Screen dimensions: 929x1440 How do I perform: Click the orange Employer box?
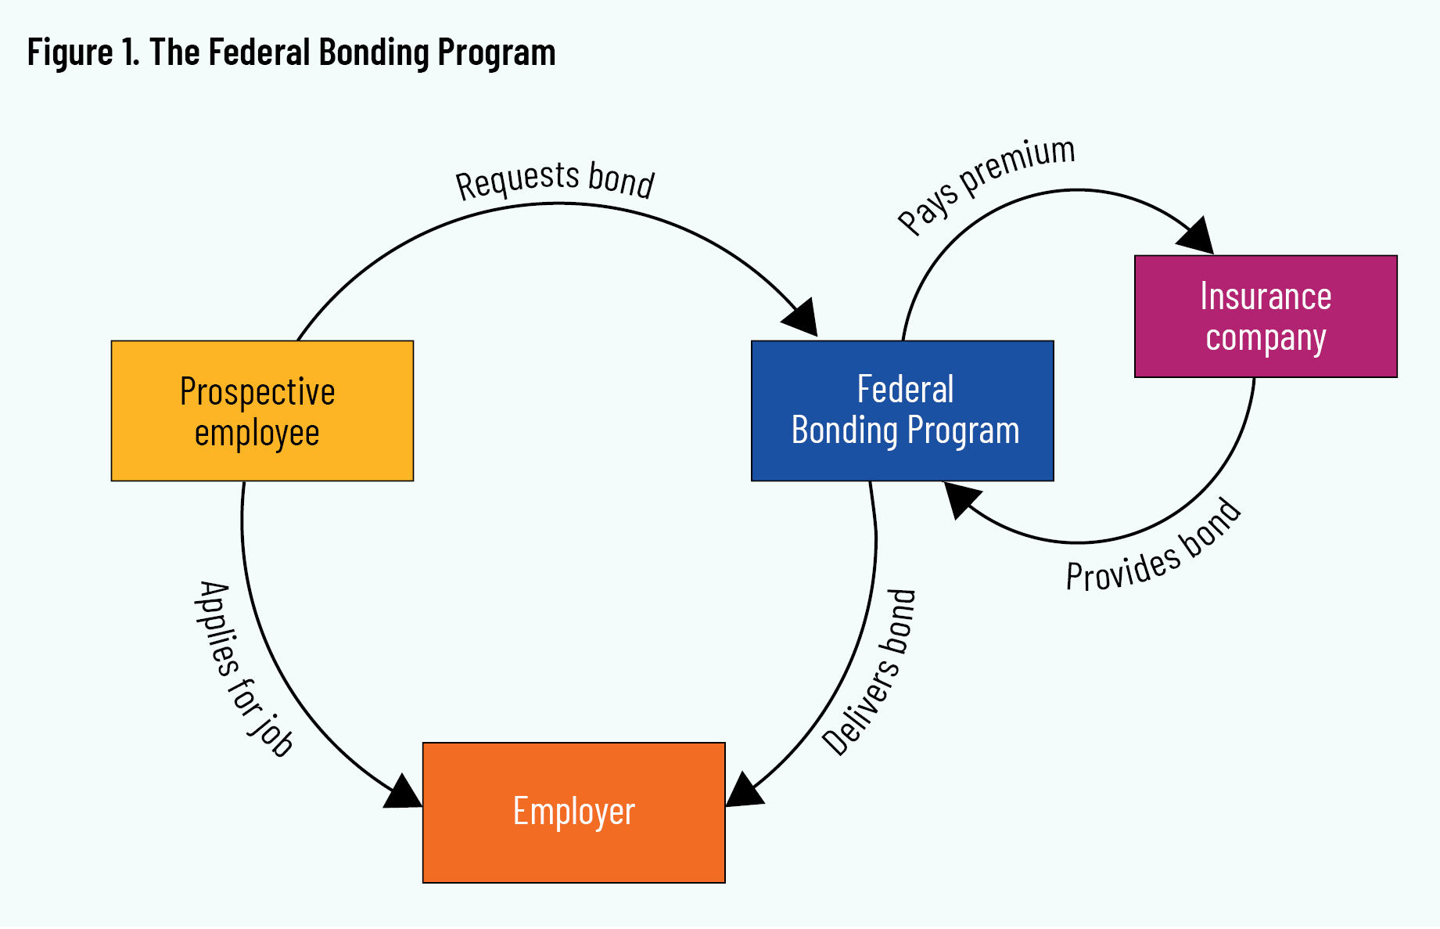coord(573,812)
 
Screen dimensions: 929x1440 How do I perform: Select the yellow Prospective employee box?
coord(262,411)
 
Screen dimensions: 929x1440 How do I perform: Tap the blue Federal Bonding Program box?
coord(902,411)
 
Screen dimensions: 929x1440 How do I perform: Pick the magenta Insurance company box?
coord(1265,316)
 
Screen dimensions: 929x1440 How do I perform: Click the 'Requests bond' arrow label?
coord(555,180)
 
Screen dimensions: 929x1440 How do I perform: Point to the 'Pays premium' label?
coord(986,185)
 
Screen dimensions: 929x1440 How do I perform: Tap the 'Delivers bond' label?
coord(869,673)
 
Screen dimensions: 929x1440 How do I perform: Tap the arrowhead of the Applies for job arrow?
coord(403,793)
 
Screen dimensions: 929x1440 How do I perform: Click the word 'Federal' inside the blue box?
coord(905,390)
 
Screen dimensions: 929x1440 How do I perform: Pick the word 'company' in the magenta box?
coord(1266,338)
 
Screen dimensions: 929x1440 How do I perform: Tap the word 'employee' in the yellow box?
coord(257,433)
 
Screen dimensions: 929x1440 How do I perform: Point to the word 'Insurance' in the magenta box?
coord(1266,297)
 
